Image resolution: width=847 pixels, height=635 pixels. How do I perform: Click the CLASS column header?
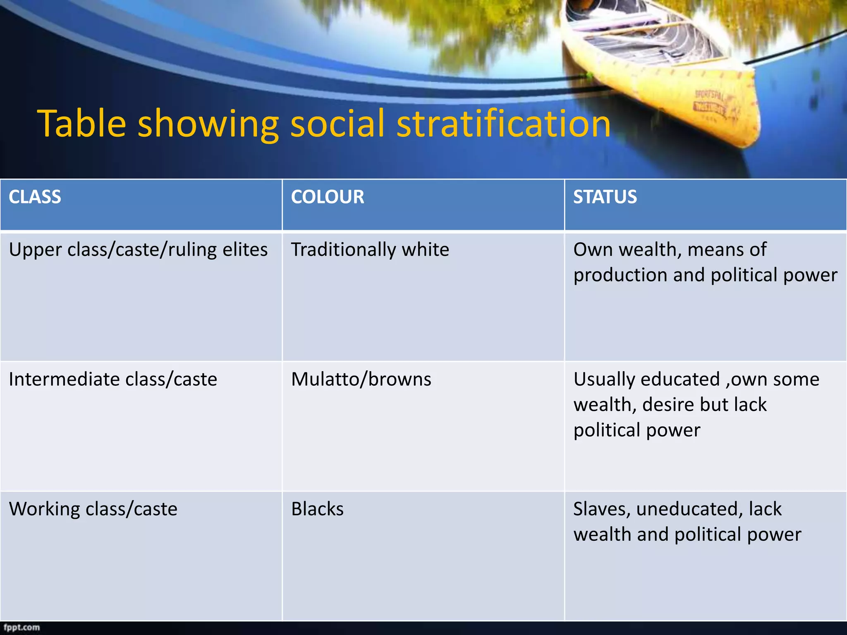[35, 197]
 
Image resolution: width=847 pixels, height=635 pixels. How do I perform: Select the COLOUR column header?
[327, 197]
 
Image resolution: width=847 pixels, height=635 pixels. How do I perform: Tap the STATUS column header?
[605, 197]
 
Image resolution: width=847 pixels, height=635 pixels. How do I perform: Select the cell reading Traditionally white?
[370, 250]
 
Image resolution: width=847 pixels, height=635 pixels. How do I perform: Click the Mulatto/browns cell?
[361, 379]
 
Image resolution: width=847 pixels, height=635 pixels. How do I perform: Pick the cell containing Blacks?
[317, 509]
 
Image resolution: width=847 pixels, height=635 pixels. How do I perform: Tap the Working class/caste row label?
[93, 509]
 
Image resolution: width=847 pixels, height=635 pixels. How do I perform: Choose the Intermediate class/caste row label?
[113, 379]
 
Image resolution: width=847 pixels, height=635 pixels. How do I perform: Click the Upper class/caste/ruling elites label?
[138, 250]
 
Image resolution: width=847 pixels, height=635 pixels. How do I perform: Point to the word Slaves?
[602, 509]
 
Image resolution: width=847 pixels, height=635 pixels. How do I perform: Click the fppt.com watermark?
[22, 628]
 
